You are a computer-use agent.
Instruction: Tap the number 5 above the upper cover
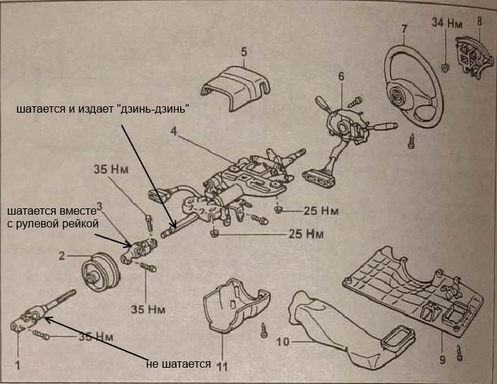(242, 52)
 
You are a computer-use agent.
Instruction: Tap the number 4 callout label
(174, 131)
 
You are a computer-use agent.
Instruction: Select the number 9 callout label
(442, 359)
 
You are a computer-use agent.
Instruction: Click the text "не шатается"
(179, 363)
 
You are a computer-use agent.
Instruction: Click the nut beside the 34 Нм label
(443, 68)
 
